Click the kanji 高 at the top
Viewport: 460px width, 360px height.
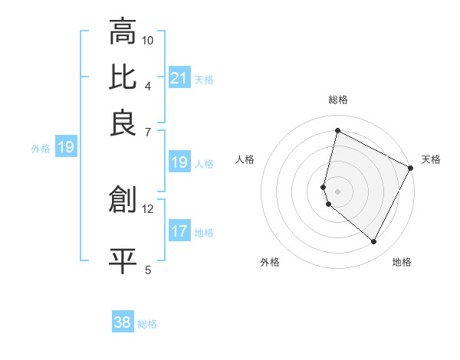[123, 32]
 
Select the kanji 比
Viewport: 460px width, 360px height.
[123, 77]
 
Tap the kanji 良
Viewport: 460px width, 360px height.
[123, 123]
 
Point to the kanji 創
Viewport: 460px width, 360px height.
[123, 199]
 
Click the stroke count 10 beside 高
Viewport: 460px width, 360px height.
[148, 40]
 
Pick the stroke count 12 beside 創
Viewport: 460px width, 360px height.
[148, 208]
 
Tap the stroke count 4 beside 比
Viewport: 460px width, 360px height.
[148, 86]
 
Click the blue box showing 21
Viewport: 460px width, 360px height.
[179, 77]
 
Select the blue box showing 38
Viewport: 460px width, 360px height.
[123, 322]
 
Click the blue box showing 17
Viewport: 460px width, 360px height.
[179, 231]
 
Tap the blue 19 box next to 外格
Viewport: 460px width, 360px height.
[65, 147]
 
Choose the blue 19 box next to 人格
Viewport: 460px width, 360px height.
[179, 162]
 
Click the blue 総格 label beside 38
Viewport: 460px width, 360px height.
[148, 324]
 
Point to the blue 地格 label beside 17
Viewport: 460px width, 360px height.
[204, 232]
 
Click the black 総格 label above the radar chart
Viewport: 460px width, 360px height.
[338, 100]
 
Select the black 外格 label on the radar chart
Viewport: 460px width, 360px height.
[270, 262]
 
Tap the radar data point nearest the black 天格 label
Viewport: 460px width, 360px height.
[412, 168]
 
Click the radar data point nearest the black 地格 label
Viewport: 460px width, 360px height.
[374, 242]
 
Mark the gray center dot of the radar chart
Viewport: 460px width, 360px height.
[337, 191]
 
